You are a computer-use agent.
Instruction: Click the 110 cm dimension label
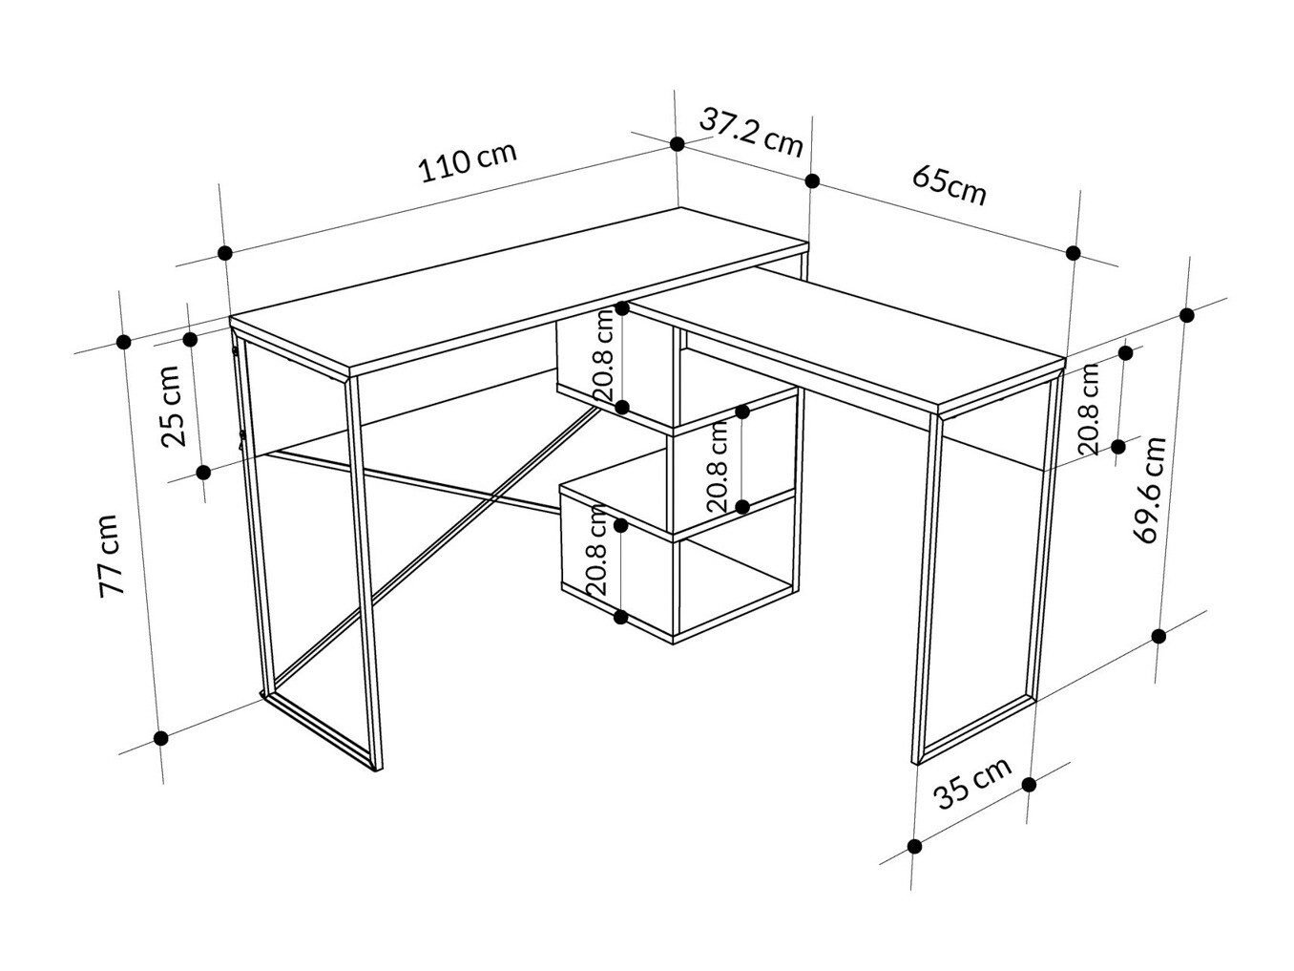click(x=468, y=161)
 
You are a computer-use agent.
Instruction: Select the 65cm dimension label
click(x=949, y=185)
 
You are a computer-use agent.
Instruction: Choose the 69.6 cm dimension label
click(x=1150, y=490)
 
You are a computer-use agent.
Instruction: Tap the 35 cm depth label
click(x=972, y=784)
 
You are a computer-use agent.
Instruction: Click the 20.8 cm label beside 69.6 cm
click(x=1089, y=409)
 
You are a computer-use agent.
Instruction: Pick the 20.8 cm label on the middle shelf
click(x=718, y=466)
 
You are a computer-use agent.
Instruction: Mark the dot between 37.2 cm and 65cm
click(x=812, y=181)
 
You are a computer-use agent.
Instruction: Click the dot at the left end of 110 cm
click(x=224, y=253)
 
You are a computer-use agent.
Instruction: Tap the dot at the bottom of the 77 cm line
click(x=160, y=737)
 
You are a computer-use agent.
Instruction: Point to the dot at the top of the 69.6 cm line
click(x=1187, y=315)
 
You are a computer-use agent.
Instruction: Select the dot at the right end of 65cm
click(x=1073, y=253)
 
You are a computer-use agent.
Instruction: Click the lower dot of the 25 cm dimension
click(x=203, y=473)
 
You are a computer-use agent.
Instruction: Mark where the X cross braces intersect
click(x=492, y=499)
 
